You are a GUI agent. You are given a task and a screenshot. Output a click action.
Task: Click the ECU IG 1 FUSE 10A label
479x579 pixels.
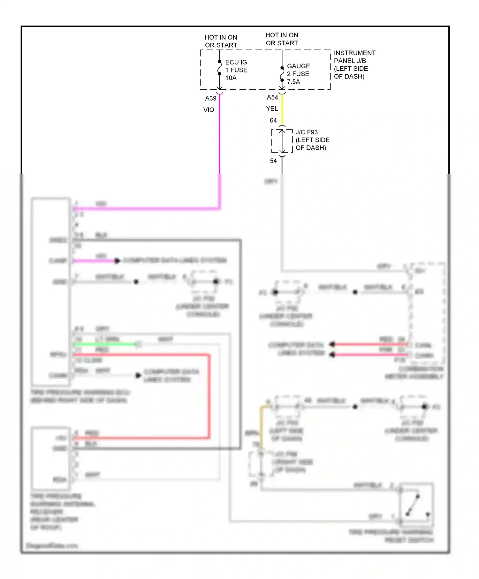pyautogui.click(x=236, y=70)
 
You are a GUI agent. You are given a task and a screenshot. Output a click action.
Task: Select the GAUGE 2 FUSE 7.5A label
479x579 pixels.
pyautogui.click(x=298, y=74)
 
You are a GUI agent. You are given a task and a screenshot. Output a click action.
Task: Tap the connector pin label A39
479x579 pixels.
pyautogui.click(x=210, y=98)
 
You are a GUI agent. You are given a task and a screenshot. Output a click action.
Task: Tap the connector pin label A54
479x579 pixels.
pyautogui.click(x=272, y=97)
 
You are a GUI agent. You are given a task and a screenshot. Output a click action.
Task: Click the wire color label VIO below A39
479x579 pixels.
pyautogui.click(x=209, y=110)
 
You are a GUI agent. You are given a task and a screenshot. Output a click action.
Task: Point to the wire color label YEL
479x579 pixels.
pyautogui.click(x=272, y=109)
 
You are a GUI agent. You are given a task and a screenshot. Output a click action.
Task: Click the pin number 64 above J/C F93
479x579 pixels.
pyautogui.click(x=273, y=120)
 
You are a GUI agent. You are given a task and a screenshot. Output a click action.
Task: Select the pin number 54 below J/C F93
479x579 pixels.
pyautogui.click(x=273, y=161)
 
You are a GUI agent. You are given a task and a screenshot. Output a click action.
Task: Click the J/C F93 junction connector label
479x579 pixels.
pyautogui.click(x=312, y=140)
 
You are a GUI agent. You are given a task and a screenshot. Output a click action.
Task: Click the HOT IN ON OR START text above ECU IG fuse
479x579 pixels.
pyautogui.click(x=221, y=41)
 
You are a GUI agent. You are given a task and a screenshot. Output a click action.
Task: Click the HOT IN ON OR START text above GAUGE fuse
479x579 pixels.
pyautogui.click(x=282, y=39)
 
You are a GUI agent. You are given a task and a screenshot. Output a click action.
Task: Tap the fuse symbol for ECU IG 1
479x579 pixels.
pyautogui.click(x=219, y=68)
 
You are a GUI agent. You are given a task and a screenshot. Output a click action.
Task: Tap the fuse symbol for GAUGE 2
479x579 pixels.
pyautogui.click(x=282, y=74)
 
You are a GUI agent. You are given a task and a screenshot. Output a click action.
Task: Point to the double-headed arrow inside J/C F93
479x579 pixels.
pyautogui.click(x=282, y=141)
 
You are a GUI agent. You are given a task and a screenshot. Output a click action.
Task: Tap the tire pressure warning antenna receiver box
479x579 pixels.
pyautogui.click(x=50, y=458)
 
